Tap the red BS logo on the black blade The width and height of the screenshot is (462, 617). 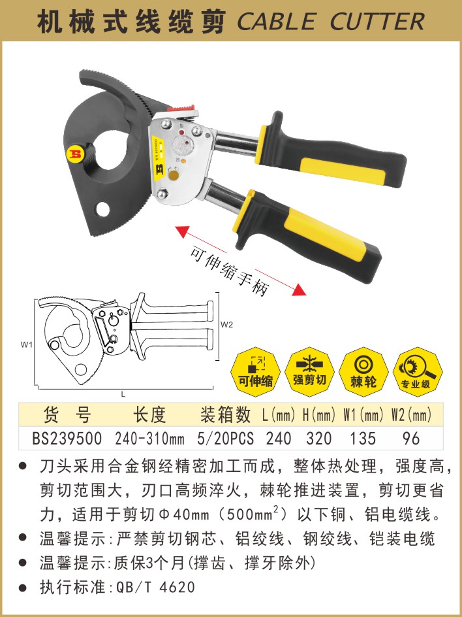(x=74, y=154)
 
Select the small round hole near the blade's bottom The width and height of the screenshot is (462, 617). (x=102, y=209)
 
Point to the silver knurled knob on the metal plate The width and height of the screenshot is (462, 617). (x=183, y=146)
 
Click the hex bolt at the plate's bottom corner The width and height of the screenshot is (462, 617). (x=162, y=194)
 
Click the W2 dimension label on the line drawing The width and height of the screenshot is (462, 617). (x=226, y=325)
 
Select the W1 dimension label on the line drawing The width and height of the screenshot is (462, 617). (x=26, y=345)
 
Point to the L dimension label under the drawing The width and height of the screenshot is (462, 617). (x=123, y=394)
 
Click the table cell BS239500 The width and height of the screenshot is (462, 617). (x=67, y=439)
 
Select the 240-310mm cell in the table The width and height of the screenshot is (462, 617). (x=149, y=439)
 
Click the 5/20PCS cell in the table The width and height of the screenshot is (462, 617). (x=226, y=439)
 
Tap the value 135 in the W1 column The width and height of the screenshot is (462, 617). (x=363, y=439)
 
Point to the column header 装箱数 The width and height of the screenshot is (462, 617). (x=225, y=415)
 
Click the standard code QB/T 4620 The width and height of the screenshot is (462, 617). (x=155, y=588)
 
